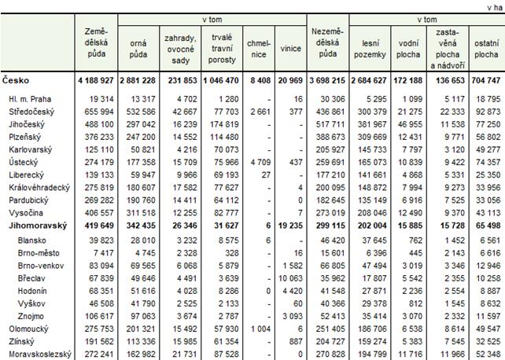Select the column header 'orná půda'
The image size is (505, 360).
(138, 48)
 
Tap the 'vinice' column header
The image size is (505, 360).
(291, 48)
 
